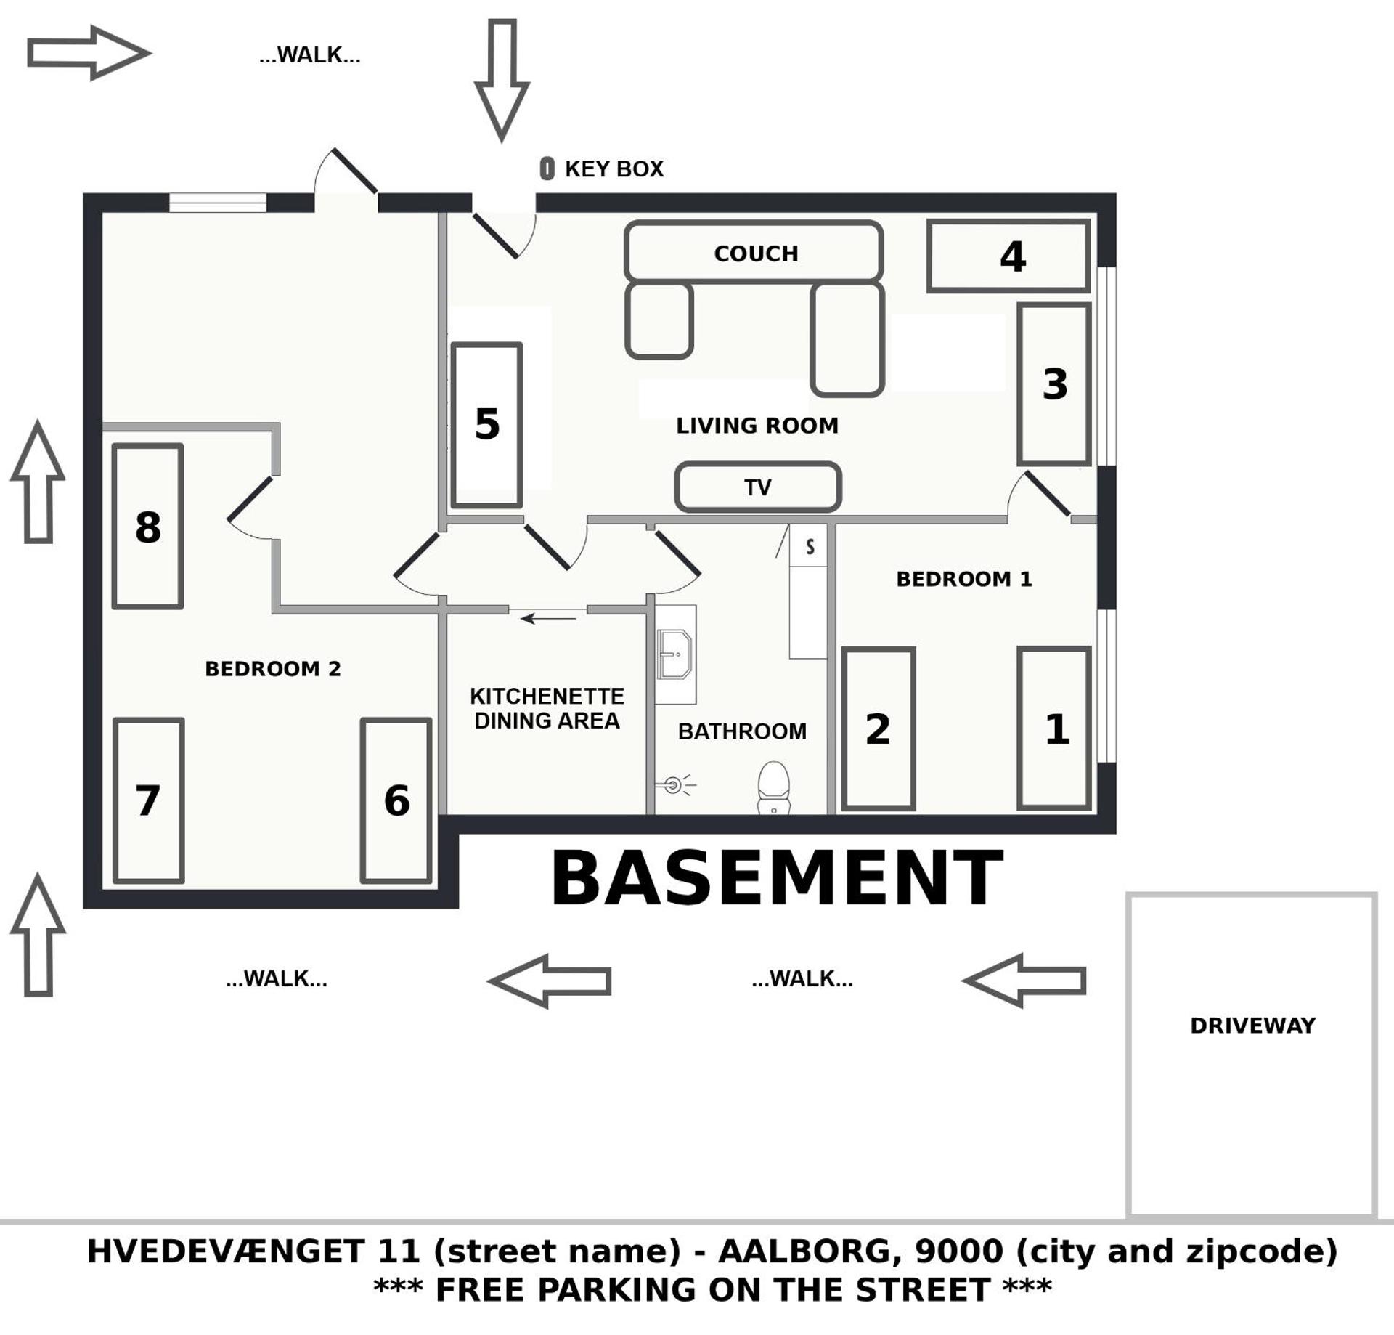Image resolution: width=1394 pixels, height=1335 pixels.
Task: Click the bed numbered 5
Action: click(486, 425)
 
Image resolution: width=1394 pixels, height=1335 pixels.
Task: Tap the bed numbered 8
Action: click(147, 527)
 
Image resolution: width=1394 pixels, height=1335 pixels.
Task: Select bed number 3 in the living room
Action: click(1054, 384)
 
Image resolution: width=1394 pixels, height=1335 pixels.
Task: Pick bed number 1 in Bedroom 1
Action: click(1054, 729)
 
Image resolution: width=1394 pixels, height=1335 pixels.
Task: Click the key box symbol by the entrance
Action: click(547, 169)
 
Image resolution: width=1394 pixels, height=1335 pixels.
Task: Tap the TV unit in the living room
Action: click(757, 487)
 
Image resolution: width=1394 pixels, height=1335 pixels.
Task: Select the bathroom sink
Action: click(674, 654)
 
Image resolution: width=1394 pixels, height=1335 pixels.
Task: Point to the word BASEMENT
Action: click(777, 879)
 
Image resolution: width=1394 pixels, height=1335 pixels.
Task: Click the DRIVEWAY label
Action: click(1252, 1026)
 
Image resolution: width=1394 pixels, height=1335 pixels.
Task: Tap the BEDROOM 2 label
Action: click(273, 669)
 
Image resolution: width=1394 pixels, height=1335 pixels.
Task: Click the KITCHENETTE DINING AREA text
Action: click(547, 708)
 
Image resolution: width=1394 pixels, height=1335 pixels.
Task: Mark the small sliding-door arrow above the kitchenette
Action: click(548, 619)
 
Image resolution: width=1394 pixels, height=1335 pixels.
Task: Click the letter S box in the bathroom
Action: click(810, 546)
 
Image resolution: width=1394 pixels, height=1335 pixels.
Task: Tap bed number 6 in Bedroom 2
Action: click(396, 801)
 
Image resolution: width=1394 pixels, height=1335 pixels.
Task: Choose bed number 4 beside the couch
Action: click(1009, 256)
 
